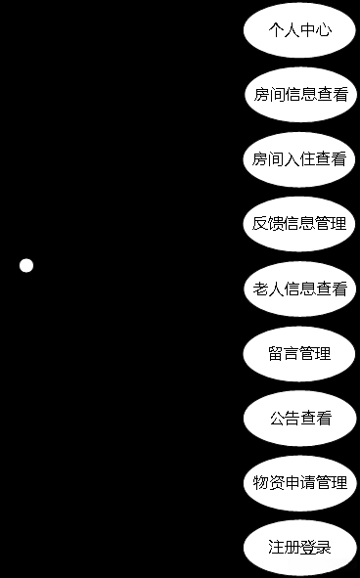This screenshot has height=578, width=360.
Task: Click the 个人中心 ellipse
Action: coord(299,30)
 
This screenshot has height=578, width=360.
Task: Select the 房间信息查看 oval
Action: coord(299,95)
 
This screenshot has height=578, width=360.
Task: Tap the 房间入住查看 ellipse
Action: coord(299,159)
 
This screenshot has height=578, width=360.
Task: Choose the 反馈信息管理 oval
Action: coord(299,224)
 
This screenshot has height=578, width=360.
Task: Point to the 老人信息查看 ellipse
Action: coord(299,289)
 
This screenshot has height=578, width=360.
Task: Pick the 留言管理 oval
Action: coord(299,353)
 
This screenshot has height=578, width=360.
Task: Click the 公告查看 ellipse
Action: coord(299,419)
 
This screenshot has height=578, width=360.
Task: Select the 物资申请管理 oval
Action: coord(299,483)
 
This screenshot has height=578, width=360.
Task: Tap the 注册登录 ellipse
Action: coord(299,548)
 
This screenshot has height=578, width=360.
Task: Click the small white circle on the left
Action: coord(26,265)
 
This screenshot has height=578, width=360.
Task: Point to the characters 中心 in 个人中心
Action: coord(315,30)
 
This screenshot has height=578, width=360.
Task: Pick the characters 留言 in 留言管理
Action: coord(284,353)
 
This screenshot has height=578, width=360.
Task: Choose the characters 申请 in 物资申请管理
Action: coord(299,483)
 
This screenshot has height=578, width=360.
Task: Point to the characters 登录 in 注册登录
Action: coord(315,548)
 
